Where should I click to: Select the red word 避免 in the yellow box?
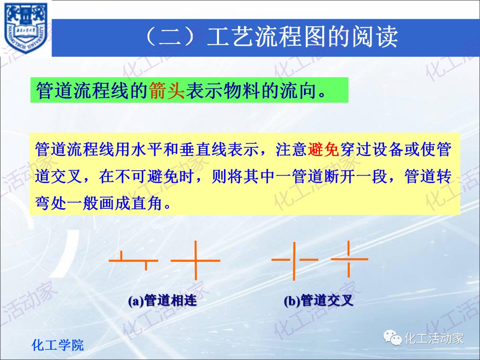[323, 149]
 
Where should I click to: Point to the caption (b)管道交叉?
[318, 301]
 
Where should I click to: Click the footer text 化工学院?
[58, 345]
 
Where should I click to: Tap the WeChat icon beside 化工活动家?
[393, 338]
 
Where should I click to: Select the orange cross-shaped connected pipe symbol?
[196, 260]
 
